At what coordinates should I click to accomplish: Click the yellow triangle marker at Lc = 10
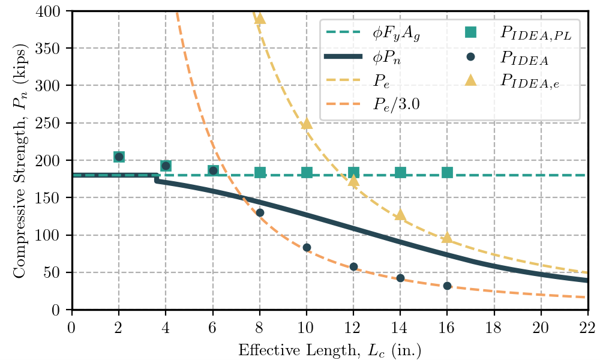click(x=307, y=124)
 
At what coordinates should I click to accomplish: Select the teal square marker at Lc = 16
click(x=447, y=173)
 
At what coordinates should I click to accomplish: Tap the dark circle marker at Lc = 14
click(x=400, y=278)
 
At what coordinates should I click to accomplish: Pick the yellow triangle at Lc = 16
click(x=447, y=238)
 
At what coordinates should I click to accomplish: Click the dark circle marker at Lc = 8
click(x=260, y=212)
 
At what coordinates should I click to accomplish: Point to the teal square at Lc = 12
click(x=353, y=173)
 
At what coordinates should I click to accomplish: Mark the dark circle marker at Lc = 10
click(x=307, y=247)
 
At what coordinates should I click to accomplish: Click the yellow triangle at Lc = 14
click(x=400, y=215)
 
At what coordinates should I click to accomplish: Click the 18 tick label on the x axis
click(x=494, y=328)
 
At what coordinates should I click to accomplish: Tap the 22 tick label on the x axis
click(x=587, y=328)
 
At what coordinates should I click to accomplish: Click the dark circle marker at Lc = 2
click(x=119, y=157)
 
